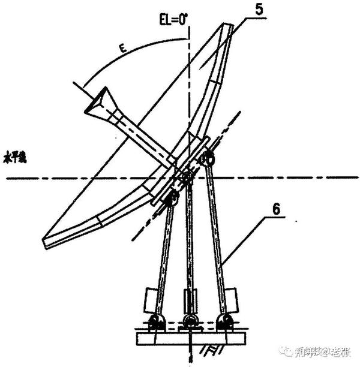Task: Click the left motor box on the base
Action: [x=149, y=297]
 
